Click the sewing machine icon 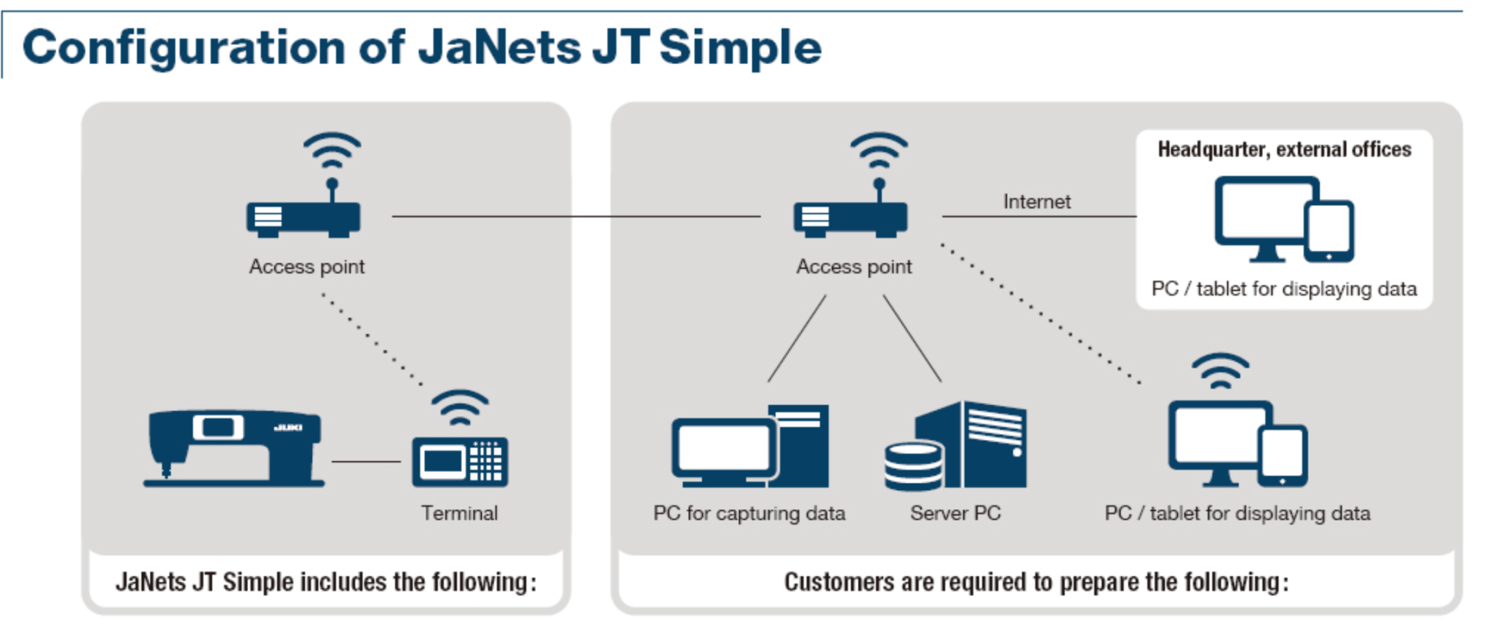click(233, 447)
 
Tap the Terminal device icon click(460, 461)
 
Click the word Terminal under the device click(460, 513)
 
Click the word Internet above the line click(1037, 201)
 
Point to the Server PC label click(955, 513)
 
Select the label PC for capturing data click(749, 513)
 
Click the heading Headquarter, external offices click(1284, 150)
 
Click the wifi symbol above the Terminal click(460, 408)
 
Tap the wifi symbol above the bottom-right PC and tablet click(1220, 371)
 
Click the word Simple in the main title click(740, 48)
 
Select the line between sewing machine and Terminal click(366, 461)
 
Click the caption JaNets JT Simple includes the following click(325, 583)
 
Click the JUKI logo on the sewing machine click(288, 427)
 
